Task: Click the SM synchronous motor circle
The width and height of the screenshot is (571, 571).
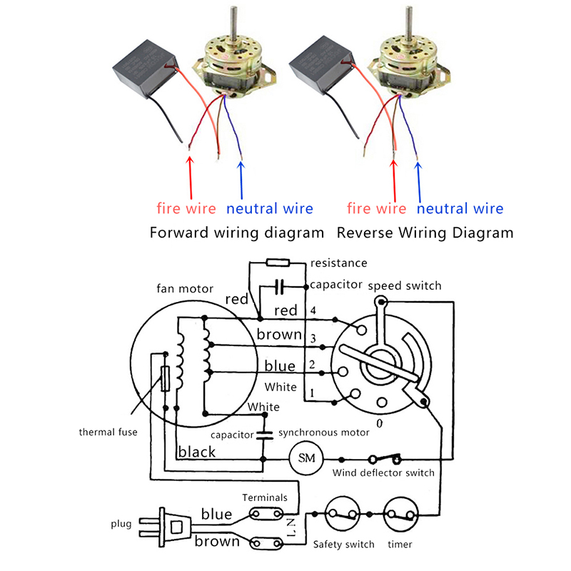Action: click(306, 457)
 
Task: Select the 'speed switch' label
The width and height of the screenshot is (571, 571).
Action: click(405, 285)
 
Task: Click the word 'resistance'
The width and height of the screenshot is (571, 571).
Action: click(339, 263)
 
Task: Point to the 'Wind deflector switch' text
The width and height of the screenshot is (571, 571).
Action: click(384, 473)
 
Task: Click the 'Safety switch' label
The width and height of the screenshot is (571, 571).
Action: click(344, 545)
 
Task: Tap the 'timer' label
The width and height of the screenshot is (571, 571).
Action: click(399, 545)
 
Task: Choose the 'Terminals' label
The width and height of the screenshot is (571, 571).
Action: click(265, 497)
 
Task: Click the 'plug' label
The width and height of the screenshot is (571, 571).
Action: click(121, 524)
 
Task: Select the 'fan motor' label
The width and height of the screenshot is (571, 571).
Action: click(185, 289)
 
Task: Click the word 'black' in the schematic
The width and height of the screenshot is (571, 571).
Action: click(197, 452)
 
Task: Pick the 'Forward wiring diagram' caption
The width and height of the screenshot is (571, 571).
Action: click(236, 233)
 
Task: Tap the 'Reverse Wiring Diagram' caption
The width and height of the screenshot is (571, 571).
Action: click(425, 233)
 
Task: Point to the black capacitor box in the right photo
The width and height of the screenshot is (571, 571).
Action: click(323, 68)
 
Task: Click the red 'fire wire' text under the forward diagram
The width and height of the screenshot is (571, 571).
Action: click(186, 209)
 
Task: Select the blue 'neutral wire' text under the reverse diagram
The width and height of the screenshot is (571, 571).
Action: click(460, 209)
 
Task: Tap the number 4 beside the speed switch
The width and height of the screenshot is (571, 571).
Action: click(311, 310)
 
